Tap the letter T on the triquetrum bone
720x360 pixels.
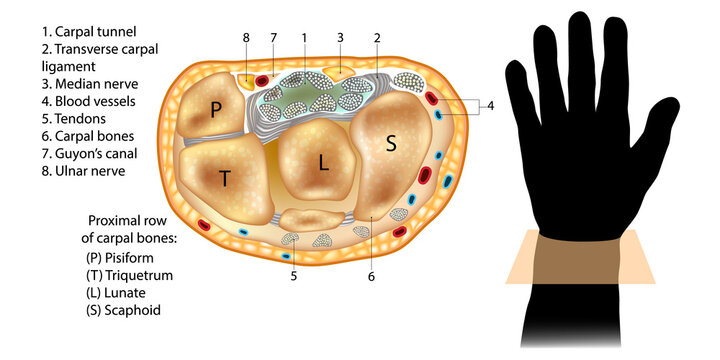coord(226,179)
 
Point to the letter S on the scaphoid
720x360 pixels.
coord(391,143)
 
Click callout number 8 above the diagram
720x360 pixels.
coord(245,38)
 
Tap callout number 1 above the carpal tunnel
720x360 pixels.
coord(303,38)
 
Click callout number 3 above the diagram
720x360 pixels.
coord(340,38)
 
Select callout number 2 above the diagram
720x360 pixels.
coord(378,38)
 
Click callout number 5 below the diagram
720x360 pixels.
coord(293,275)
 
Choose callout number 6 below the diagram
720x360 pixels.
coord(370,275)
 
